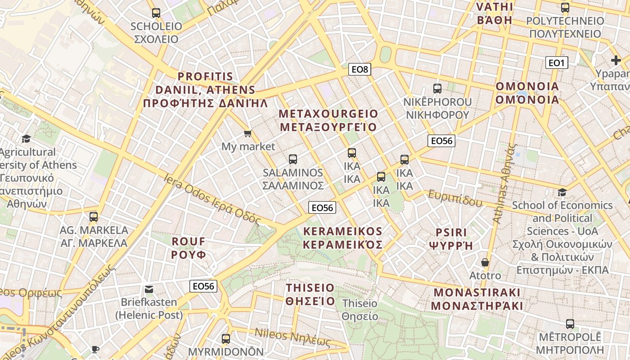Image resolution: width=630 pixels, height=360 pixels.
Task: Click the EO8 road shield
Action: [x=360, y=69]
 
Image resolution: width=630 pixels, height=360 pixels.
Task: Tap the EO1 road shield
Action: [x=557, y=63]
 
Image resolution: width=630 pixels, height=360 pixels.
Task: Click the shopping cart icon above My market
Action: [x=247, y=134]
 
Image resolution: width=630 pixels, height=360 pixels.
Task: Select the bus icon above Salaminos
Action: [x=293, y=159]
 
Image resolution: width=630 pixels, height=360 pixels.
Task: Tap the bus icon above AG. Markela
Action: [x=94, y=217]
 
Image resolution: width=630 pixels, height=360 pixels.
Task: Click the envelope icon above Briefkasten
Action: [x=149, y=289]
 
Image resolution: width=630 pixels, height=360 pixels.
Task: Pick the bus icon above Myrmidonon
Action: [x=226, y=338]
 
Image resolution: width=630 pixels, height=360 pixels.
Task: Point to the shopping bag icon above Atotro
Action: [x=485, y=262]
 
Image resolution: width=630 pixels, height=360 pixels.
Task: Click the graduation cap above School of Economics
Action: [x=562, y=192]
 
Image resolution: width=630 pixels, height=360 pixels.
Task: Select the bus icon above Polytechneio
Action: [x=565, y=8]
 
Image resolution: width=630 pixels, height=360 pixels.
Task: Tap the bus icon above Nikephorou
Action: [x=437, y=89]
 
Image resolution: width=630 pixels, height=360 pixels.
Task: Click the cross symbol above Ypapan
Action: [x=616, y=60]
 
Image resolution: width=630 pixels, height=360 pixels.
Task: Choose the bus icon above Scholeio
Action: [x=156, y=13]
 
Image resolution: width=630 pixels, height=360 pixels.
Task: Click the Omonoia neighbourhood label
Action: [x=527, y=93]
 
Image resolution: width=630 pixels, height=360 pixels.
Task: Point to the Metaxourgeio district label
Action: [x=328, y=120]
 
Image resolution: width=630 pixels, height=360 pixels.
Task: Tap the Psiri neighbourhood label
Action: [x=451, y=239]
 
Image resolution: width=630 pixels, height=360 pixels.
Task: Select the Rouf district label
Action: [x=189, y=248]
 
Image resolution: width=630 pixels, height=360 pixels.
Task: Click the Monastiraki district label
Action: [x=477, y=299]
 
